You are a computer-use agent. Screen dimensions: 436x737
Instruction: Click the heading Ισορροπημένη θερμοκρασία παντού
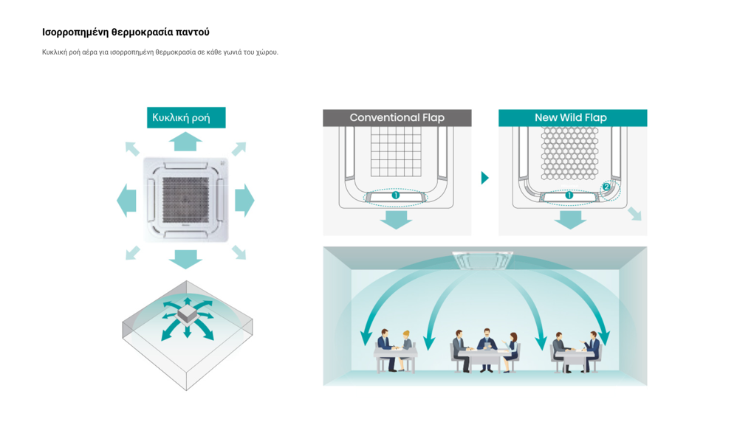pyautogui.click(x=126, y=32)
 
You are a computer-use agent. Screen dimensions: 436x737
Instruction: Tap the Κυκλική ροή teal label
pyautogui.click(x=185, y=117)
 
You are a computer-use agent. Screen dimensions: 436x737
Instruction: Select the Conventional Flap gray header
pyautogui.click(x=397, y=117)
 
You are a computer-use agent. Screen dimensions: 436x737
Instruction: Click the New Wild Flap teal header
pyautogui.click(x=572, y=117)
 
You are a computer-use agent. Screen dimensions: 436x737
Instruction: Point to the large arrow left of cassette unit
pyautogui.click(x=127, y=200)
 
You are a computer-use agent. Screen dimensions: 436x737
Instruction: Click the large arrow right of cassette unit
pyautogui.click(x=244, y=200)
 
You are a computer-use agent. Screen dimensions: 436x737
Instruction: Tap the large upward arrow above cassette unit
pyautogui.click(x=185, y=141)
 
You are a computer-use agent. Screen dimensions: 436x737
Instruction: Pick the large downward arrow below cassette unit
pyautogui.click(x=185, y=258)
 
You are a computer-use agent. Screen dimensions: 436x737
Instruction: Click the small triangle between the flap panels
pyautogui.click(x=484, y=178)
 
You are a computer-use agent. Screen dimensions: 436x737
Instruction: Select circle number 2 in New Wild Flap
pyautogui.click(x=606, y=187)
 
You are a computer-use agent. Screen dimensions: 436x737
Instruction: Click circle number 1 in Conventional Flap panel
pyautogui.click(x=396, y=195)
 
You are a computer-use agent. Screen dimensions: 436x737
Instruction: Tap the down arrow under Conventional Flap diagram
pyautogui.click(x=397, y=219)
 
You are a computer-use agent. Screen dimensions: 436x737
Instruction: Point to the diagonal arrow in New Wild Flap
pyautogui.click(x=634, y=213)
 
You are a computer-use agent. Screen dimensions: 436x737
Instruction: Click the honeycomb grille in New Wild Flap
pyautogui.click(x=569, y=153)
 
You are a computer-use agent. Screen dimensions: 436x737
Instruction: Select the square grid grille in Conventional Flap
pyautogui.click(x=395, y=151)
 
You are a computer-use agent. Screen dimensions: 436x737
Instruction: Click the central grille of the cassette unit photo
pyautogui.click(x=185, y=200)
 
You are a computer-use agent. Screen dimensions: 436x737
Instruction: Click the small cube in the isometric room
pyautogui.click(x=187, y=314)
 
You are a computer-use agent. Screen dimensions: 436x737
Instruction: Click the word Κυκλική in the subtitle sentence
pyautogui.click(x=54, y=52)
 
